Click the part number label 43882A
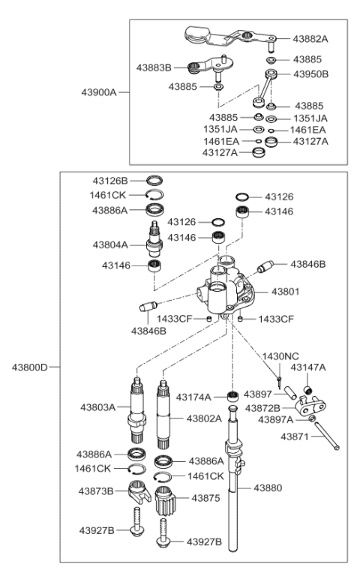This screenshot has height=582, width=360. tap(310, 39)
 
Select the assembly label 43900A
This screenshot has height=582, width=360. tap(99, 92)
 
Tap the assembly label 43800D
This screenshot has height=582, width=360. tap(30, 367)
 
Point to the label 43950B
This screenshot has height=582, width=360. tap(311, 74)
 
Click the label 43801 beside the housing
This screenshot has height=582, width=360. tap(286, 292)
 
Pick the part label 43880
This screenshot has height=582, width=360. tap(268, 487)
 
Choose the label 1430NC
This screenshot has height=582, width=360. tap(280, 357)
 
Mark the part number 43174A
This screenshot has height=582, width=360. tap(193, 397)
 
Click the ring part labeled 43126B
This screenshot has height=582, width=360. tap(154, 181)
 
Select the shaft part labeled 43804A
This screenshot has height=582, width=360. tap(154, 238)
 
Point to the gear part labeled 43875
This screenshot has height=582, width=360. tap(165, 500)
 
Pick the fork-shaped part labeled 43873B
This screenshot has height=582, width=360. tap(139, 491)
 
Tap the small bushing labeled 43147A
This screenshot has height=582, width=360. tap(307, 390)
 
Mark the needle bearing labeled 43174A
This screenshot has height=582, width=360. tap(232, 396)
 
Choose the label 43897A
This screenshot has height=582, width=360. tap(275, 420)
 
